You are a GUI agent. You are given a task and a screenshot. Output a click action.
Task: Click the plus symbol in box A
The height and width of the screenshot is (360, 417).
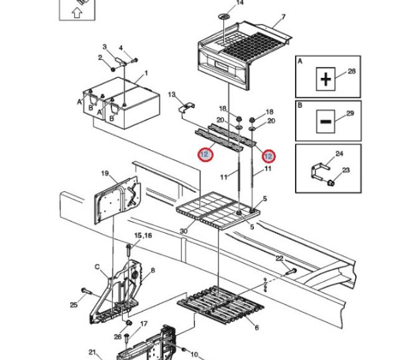click(x=326, y=79)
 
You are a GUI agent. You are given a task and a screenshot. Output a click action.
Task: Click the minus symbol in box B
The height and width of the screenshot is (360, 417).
click(x=326, y=121)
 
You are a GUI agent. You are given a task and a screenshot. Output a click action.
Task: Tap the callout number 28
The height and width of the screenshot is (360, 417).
click(x=351, y=72)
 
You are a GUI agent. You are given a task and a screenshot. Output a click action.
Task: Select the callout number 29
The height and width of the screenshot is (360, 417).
click(x=350, y=113)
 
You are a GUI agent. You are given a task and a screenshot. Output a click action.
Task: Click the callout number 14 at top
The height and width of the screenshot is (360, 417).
click(x=240, y=3)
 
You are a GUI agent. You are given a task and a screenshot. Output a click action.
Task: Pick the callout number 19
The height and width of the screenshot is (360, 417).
click(x=105, y=173)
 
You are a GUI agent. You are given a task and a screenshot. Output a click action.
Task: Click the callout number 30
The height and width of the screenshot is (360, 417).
click(x=183, y=232)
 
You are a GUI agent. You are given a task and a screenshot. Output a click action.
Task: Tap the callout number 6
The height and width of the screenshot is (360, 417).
click(x=256, y=328)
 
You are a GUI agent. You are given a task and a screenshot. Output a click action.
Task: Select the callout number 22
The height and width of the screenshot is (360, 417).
click(x=279, y=258)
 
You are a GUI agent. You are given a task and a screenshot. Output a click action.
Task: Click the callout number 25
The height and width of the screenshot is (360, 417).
click(x=73, y=305)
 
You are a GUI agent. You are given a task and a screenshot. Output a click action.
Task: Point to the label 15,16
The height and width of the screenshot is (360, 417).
click(x=143, y=235)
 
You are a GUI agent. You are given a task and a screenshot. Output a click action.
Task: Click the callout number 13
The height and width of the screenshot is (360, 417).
click(x=172, y=95)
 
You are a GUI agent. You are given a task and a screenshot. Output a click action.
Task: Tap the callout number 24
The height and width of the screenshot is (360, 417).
click(x=339, y=154)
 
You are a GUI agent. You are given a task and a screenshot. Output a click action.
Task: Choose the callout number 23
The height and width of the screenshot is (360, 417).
click(x=347, y=170)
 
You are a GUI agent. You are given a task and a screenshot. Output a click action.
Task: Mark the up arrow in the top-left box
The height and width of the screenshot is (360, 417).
click(x=77, y=11)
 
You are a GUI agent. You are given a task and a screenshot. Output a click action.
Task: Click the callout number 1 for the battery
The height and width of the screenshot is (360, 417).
click(x=146, y=73)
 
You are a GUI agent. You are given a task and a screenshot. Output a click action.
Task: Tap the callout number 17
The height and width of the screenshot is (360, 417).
click(x=144, y=323)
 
